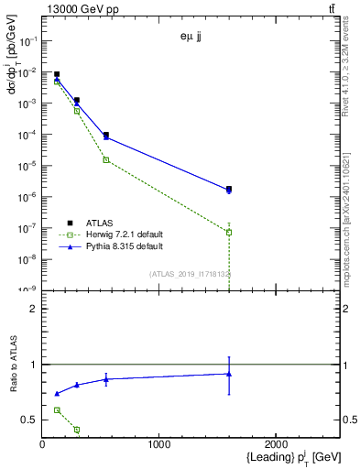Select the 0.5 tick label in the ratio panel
(30, 420)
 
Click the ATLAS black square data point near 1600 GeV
(229, 189)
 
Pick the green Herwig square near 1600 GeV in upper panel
(229, 233)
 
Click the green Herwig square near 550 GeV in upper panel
(106, 159)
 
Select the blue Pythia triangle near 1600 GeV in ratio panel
(229, 374)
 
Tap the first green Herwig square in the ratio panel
(57, 410)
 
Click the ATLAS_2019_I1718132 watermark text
(190, 273)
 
